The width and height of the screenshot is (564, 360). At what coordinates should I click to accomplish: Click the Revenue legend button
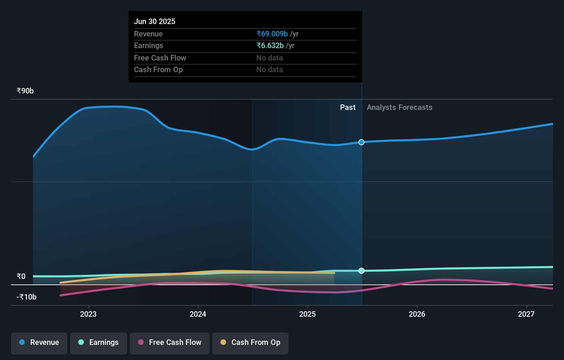pos(39,343)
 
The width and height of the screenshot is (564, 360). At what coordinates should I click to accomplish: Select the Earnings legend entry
pos(99,343)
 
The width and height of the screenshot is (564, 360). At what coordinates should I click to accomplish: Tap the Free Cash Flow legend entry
pos(170,343)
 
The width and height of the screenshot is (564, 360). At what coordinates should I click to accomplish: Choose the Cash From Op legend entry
pos(250,343)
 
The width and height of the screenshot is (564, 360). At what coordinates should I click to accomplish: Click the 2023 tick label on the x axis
pos(88,314)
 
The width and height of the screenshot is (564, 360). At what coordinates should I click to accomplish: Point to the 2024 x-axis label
pos(198,314)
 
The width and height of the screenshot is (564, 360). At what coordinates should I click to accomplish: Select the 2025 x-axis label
pos(307,314)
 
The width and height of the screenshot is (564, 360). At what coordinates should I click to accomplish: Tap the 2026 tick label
pos(417,314)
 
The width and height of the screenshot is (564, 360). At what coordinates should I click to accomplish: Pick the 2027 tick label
pos(526,314)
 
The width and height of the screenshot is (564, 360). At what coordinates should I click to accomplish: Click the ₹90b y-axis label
pos(25,91)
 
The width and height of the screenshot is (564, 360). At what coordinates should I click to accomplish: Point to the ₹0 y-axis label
pos(21,277)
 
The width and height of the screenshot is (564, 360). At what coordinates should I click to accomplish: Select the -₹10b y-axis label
pos(26,297)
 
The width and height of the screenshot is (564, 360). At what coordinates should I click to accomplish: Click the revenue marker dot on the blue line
pos(361,142)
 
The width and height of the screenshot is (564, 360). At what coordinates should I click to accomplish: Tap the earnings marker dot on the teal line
pos(361,271)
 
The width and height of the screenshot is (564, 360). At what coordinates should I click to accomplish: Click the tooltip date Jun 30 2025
pos(155,22)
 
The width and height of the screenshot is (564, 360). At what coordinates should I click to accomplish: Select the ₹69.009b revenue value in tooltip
pos(272,34)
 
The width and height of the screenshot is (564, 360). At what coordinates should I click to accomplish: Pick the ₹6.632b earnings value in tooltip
pos(270,46)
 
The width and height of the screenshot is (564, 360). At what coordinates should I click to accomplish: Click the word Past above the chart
pos(348,108)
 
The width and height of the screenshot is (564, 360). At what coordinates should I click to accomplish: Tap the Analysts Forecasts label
pos(399,108)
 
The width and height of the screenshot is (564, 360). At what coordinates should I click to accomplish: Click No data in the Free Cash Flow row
pos(270,58)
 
